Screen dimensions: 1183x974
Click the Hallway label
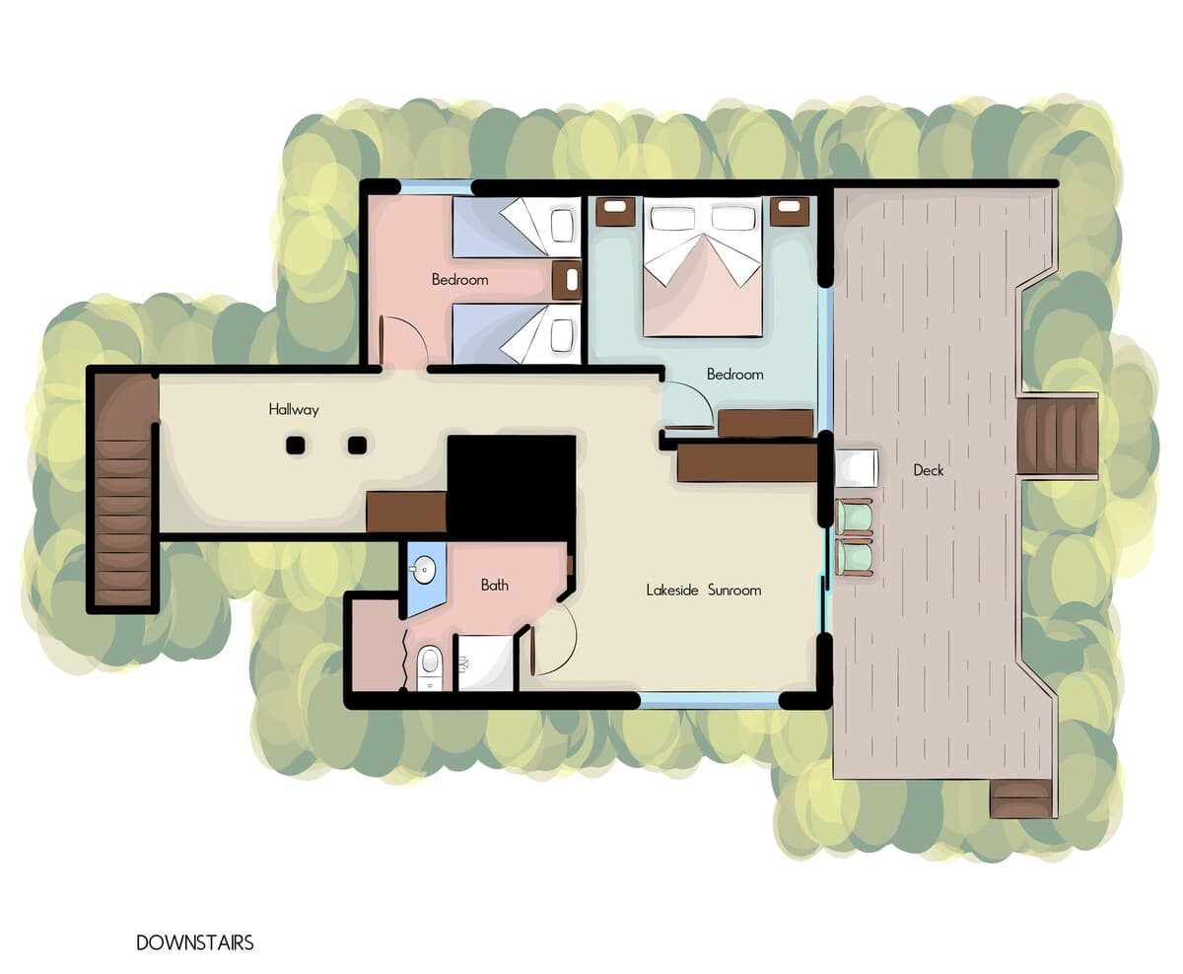294,409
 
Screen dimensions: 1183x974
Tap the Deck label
929,470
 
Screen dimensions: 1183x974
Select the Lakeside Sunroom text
704,590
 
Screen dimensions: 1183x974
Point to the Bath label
495,586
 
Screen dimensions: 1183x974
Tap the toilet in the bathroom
430,668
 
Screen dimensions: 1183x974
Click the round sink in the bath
426,570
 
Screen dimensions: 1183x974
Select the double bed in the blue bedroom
703,266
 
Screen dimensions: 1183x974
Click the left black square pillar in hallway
296,446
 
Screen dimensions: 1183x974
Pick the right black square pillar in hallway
357,446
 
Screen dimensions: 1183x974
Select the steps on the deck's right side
1057,436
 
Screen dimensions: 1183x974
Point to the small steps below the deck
1020,799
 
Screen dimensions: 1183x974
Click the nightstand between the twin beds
567,280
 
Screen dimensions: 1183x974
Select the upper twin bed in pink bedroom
516,227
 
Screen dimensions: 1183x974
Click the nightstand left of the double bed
615,212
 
